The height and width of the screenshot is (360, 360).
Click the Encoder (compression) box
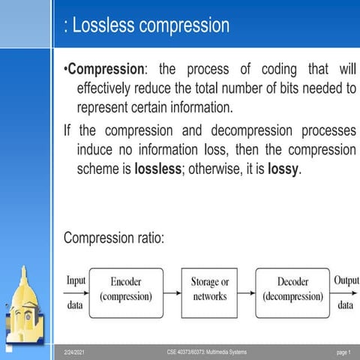pyautogui.click(x=125, y=289)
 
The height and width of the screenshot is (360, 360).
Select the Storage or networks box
pyautogui.click(x=209, y=289)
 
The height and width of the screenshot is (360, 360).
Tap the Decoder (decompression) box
pyautogui.click(x=292, y=289)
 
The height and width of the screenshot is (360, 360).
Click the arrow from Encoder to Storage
pyautogui.click(x=172, y=289)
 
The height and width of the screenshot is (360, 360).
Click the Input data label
pyautogui.click(x=76, y=292)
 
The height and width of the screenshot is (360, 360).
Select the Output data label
pyautogui.click(x=345, y=292)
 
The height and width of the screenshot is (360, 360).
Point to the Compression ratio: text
pyautogui.click(x=114, y=238)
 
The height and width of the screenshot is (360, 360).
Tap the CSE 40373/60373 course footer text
pyautogui.click(x=206, y=352)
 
